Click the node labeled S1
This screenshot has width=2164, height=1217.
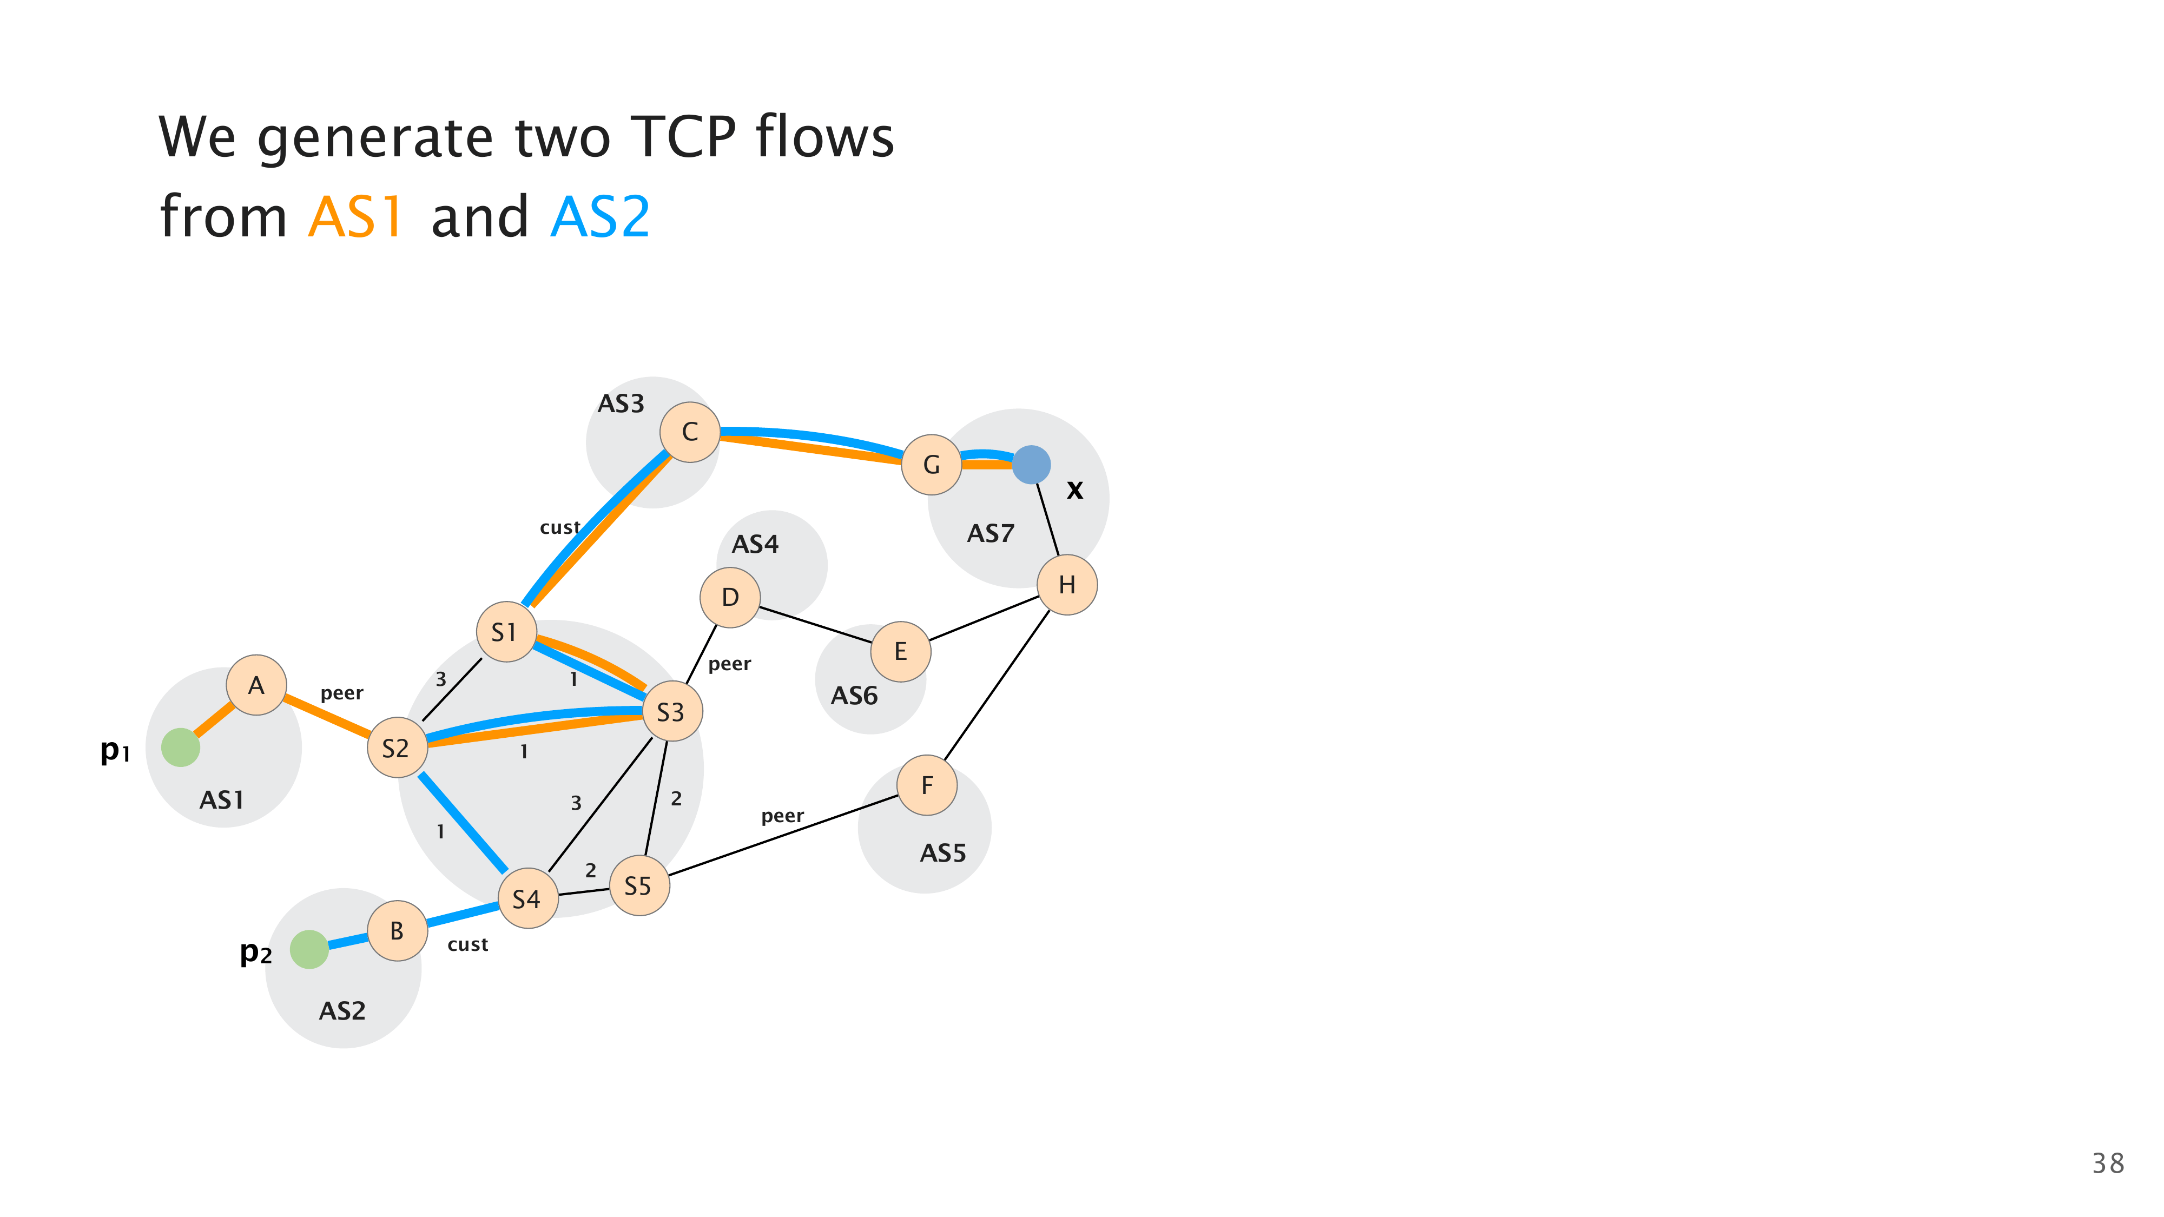[x=506, y=632]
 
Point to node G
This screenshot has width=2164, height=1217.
[x=931, y=465]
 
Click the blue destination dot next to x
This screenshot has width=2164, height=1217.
[x=1031, y=465]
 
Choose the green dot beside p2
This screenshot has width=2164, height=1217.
[x=309, y=949]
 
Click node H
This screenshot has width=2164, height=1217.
[x=1067, y=585]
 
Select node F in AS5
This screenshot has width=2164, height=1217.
[x=927, y=785]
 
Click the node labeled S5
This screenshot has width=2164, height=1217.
[x=639, y=885]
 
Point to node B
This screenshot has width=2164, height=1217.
[x=397, y=930]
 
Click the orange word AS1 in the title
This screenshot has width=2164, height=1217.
[x=355, y=217]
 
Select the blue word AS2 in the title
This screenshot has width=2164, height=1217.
[x=600, y=217]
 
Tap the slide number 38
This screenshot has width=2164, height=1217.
[x=2107, y=1163]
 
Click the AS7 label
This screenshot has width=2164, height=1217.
[x=991, y=533]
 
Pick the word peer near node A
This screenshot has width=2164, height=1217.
[x=341, y=693]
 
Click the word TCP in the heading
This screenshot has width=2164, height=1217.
[x=682, y=136]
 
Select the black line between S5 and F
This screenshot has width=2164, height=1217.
[x=781, y=836]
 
